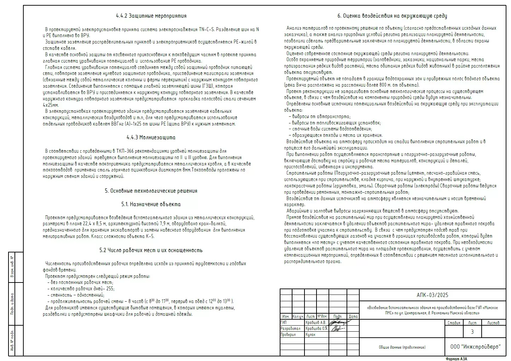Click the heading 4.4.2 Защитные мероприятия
pos(151,16)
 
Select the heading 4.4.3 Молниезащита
pos(151,138)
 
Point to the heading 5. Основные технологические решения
pos(151,191)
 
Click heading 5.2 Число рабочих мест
pos(151,250)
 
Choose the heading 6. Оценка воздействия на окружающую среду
pos(392,16)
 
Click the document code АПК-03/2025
pos(432,295)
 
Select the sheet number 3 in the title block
pos(472,332)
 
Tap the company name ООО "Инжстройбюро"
pos(475,347)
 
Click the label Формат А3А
pos(456,359)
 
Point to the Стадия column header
pos(454,322)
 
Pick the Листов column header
pos(493,322)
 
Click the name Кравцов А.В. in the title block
pos(315,322)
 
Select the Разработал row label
pos(290,328)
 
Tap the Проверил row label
pos(288,334)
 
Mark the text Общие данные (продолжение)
pos(402,347)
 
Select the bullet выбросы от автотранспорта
pos(319,117)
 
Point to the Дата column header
pos(353,316)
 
